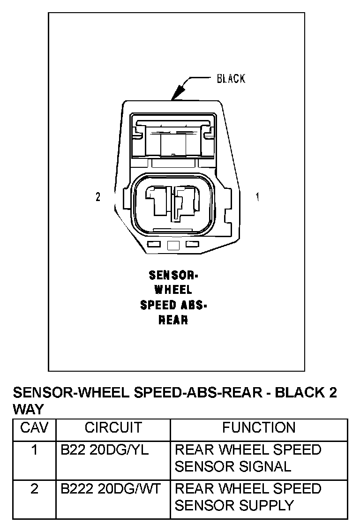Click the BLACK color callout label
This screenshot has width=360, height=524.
[x=231, y=78]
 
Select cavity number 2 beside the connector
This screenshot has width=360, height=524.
[x=98, y=197]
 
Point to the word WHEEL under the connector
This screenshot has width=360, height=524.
[x=173, y=290]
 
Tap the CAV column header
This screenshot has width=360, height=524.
[x=34, y=427]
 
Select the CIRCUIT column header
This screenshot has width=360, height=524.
[x=113, y=427]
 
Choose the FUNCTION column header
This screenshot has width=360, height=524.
[x=259, y=427]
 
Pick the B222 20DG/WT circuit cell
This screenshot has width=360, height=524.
[x=111, y=488]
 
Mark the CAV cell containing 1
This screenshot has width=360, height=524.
[x=34, y=450]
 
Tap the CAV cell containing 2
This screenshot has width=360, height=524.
[x=34, y=488]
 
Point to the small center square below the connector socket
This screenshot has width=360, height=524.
[x=173, y=245]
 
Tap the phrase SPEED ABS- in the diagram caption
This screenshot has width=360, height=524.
[x=173, y=305]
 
